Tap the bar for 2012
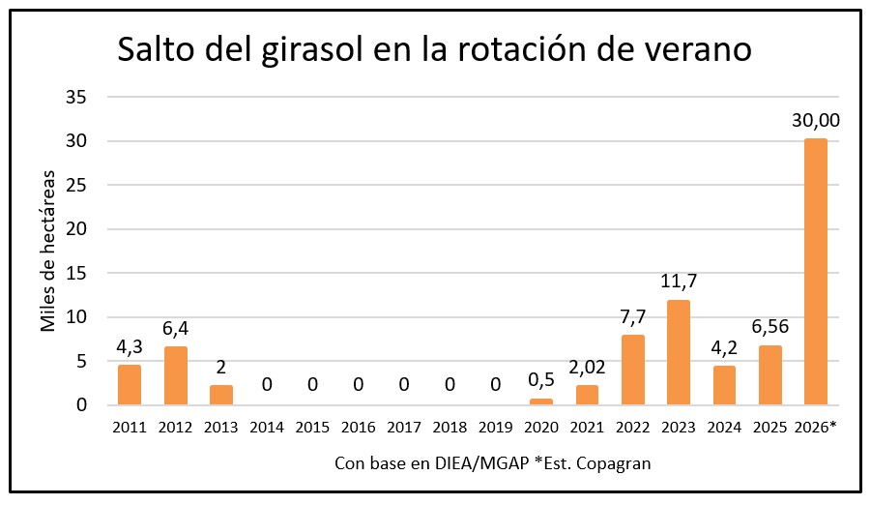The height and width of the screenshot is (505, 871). (175, 375)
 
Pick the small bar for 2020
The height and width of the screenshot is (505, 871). (540, 401)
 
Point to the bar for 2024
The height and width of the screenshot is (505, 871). (724, 385)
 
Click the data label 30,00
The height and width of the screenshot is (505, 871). (815, 120)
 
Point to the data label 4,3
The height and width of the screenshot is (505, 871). (130, 345)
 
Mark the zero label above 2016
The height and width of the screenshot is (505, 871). (358, 384)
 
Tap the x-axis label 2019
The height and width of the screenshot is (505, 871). (495, 426)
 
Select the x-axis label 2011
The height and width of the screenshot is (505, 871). (130, 426)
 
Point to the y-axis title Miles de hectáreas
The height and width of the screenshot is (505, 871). (48, 251)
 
